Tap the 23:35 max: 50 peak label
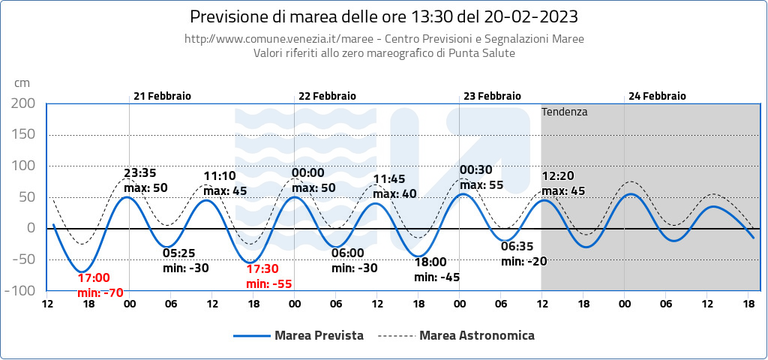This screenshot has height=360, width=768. pyautogui.click(x=145, y=180)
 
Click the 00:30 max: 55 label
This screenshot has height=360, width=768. pyautogui.click(x=481, y=178)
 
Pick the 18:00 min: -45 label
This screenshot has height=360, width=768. pyautogui.click(x=436, y=269)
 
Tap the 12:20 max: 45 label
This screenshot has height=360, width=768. pyautogui.click(x=563, y=184)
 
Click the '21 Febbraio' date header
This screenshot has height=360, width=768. pyautogui.click(x=162, y=96)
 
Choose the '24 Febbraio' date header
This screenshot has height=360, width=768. pyautogui.click(x=657, y=96)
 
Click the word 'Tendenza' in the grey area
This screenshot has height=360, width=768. pyautogui.click(x=564, y=112)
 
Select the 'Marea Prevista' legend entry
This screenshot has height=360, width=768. pyautogui.click(x=319, y=335)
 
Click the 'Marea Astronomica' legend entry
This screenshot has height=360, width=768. pyautogui.click(x=476, y=335)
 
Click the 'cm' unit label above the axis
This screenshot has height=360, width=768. pyautogui.click(x=22, y=82)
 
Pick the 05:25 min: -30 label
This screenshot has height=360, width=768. pyautogui.click(x=185, y=260)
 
